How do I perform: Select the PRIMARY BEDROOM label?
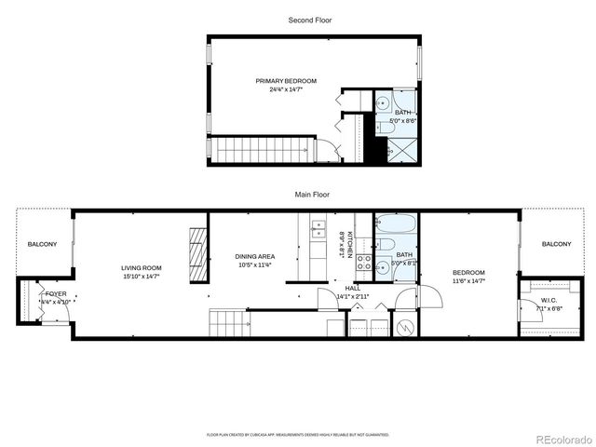tap(286, 81)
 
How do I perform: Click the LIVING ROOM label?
tap(141, 269)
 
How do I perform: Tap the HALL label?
tap(352, 289)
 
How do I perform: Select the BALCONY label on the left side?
tap(42, 244)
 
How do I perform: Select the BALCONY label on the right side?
tap(556, 244)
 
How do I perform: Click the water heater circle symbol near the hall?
tap(405, 328)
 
